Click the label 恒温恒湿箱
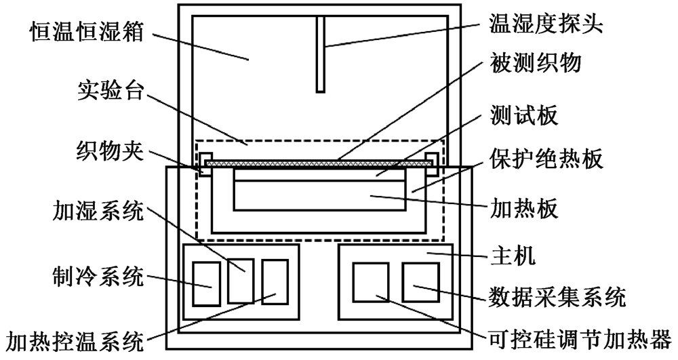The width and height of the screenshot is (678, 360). click(87, 33)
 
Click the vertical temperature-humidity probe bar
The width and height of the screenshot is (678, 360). click(321, 54)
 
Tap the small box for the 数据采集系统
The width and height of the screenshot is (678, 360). click(421, 282)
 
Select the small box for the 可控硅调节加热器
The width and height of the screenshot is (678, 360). click(371, 282)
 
